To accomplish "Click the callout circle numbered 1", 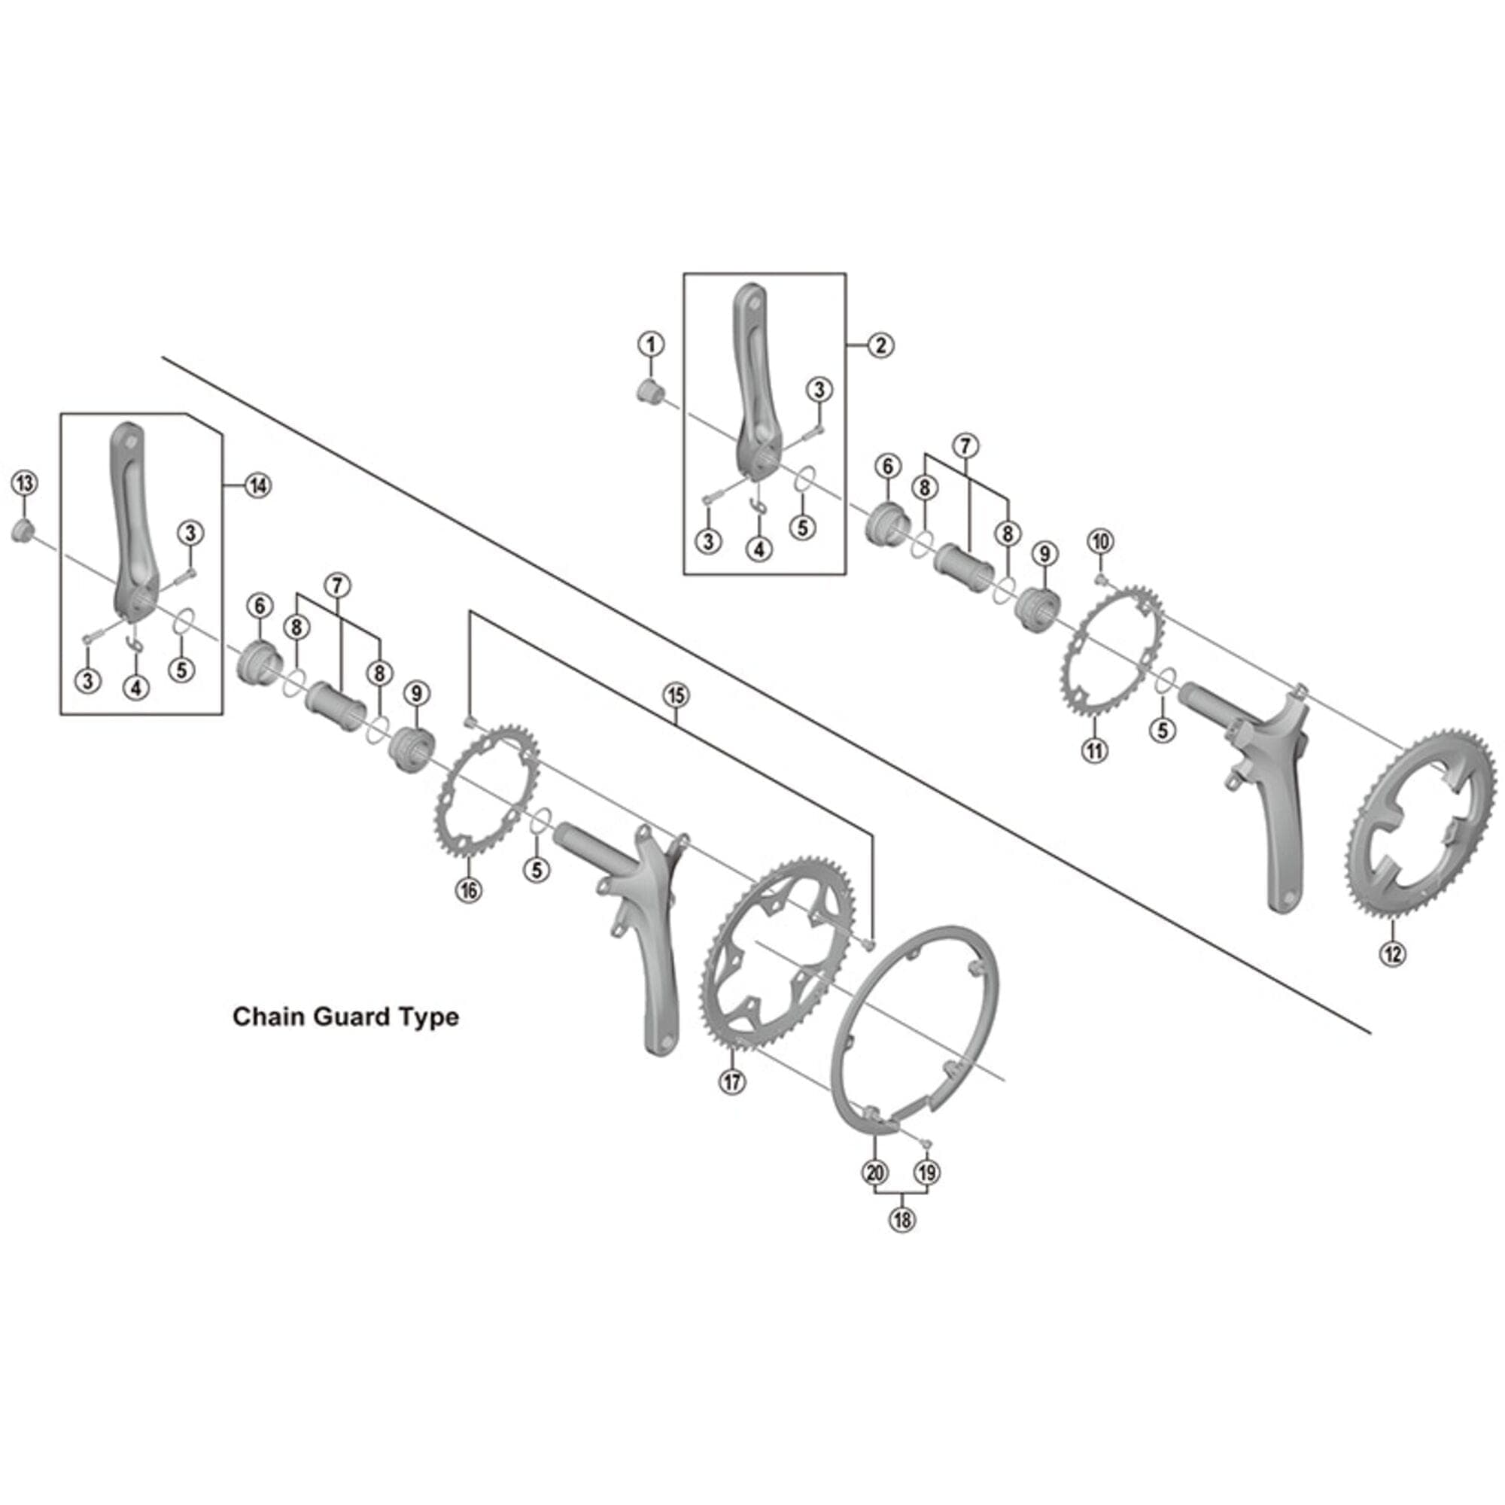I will coord(651,344).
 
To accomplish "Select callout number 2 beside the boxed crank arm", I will coord(881,345).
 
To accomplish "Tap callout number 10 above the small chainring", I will coord(1101,541).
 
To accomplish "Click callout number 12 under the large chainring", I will coord(1392,953).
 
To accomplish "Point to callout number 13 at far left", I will coord(24,483).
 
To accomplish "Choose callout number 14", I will coord(258,485).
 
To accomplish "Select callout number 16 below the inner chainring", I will coord(469,889).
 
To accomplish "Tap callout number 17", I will coord(732,1081).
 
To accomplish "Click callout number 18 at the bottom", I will coord(902,1220).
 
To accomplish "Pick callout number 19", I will coord(927,1172).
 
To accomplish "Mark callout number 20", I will coord(875,1172).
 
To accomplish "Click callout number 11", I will coord(1095,750).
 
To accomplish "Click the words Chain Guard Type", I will coord(346,1017).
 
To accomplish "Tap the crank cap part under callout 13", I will coord(21,533).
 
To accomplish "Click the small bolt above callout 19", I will coord(925,1142).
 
